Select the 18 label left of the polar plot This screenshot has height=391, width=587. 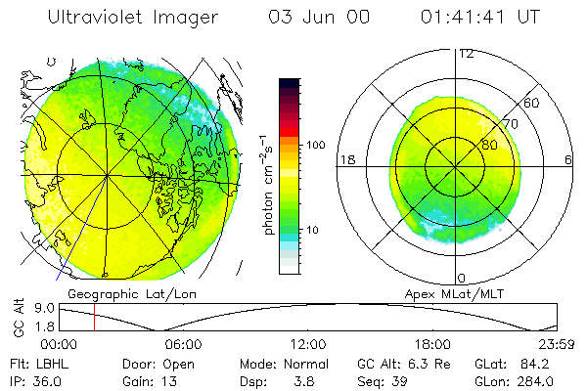(344, 159)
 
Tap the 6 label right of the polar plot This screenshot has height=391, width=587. (569, 159)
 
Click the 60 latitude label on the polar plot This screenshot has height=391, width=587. (531, 103)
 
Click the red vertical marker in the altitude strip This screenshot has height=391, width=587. (94, 317)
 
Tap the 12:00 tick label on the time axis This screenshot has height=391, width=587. (308, 344)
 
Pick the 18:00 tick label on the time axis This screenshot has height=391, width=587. (433, 344)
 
